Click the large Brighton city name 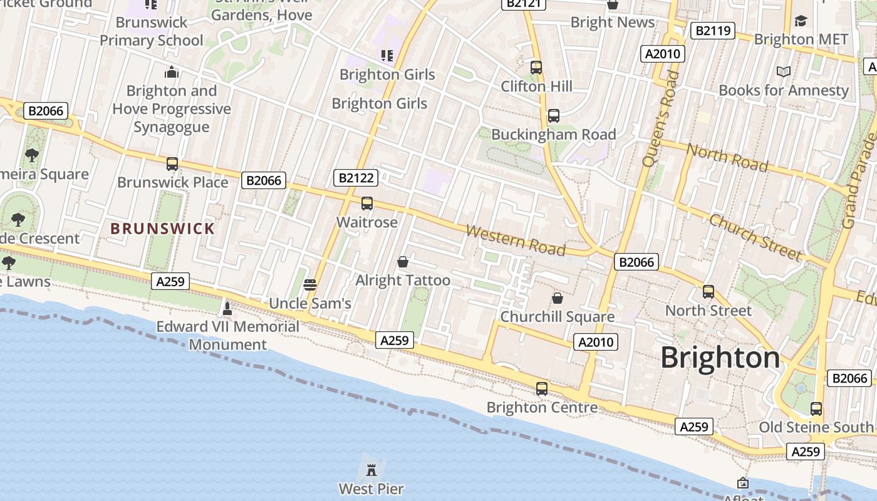[720, 358]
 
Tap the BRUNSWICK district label [163, 229]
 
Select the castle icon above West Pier [371, 469]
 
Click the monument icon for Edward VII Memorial [227, 308]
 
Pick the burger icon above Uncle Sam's [309, 285]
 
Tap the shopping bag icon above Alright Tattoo [403, 262]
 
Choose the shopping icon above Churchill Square [557, 298]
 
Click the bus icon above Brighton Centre [542, 389]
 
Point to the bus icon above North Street [708, 292]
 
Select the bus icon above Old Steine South [816, 409]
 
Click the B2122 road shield [356, 178]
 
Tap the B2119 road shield [712, 30]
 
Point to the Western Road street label [516, 240]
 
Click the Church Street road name [755, 237]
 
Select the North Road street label [727, 157]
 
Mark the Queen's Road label [658, 119]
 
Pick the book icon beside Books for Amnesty [783, 72]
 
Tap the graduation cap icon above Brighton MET [801, 21]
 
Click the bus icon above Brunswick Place [172, 164]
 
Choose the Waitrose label [367, 222]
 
